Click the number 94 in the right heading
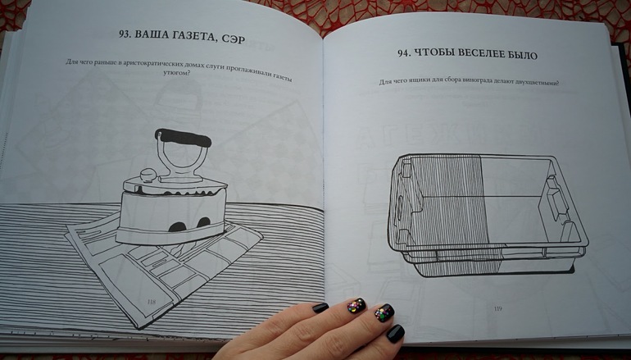point(405,52)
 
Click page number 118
point(152,302)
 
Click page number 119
point(498,309)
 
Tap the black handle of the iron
point(183,138)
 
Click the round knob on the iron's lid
point(148,175)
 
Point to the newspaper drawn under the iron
point(164,266)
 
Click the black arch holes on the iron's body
point(190,225)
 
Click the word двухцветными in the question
point(538,84)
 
